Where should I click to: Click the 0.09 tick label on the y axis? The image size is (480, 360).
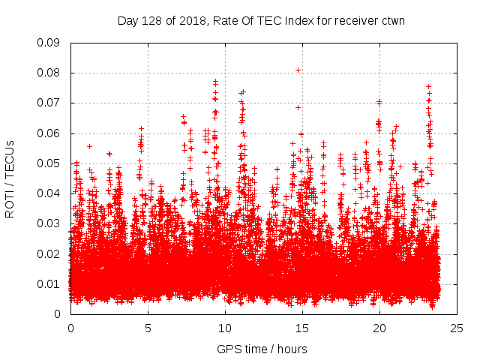click(x=49, y=43)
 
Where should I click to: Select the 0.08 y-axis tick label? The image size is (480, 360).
click(x=49, y=73)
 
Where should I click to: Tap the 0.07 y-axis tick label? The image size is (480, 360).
click(x=49, y=103)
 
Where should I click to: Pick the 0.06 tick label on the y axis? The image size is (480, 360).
click(x=49, y=133)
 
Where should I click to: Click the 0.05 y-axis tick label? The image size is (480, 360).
click(x=49, y=163)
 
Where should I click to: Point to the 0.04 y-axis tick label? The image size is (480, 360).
click(x=49, y=193)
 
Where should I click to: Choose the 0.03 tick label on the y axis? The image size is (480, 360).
click(x=49, y=223)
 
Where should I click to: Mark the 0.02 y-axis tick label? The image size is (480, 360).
click(x=49, y=253)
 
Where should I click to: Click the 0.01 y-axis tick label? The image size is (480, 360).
click(x=49, y=283)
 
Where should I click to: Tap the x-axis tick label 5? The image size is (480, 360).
click(x=148, y=328)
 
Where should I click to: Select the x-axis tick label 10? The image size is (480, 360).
click(x=225, y=328)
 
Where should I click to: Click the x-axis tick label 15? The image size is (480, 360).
click(x=302, y=328)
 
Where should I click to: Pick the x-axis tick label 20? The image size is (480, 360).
click(x=379, y=328)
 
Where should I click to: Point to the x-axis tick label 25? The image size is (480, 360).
click(x=457, y=328)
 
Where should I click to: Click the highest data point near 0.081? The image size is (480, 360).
click(x=298, y=70)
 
